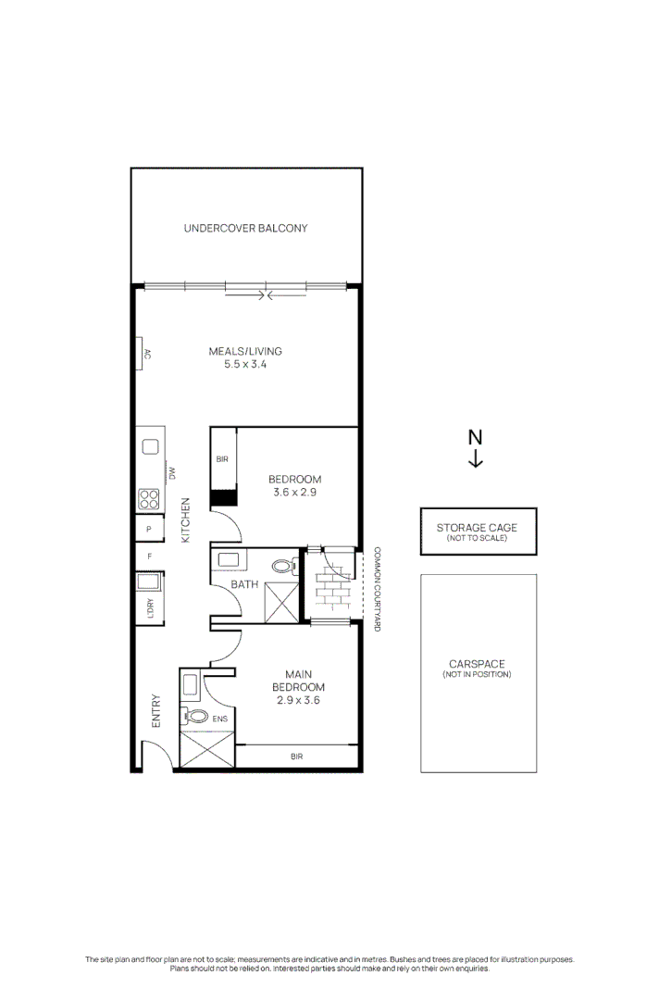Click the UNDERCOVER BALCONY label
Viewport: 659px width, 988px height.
(x=245, y=228)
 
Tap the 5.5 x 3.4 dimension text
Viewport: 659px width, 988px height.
(x=245, y=365)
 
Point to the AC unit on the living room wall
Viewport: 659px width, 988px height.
(x=144, y=354)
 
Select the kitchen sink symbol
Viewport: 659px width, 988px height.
(x=149, y=447)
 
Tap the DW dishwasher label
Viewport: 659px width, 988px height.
(x=172, y=473)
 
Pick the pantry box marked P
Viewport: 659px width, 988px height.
(x=149, y=530)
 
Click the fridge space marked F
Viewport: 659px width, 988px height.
(x=149, y=557)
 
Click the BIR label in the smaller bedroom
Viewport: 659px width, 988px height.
(x=222, y=459)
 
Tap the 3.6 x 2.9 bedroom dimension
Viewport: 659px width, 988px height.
(x=295, y=493)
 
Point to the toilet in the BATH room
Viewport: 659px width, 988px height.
(x=283, y=566)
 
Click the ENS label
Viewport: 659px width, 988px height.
(x=219, y=719)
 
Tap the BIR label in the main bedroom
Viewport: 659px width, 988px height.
(x=297, y=757)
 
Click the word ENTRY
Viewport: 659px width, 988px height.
(x=156, y=710)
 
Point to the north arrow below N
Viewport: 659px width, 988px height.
(x=475, y=459)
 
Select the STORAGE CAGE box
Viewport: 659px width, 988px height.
(x=477, y=532)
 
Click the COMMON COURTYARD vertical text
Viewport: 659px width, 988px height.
(x=377, y=589)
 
